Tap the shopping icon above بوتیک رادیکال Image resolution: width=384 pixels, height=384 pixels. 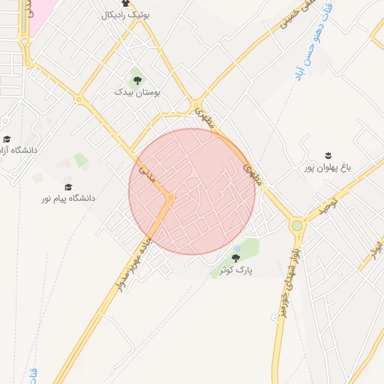click(x=125, y=4)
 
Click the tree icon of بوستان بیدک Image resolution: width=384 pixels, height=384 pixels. click(x=136, y=79)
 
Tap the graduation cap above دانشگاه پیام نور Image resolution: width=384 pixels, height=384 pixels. click(x=68, y=187)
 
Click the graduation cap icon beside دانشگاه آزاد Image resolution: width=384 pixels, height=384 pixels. click(x=7, y=139)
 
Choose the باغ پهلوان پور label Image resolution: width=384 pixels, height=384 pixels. click(x=328, y=167)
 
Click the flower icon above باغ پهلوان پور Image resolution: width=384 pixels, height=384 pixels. click(x=328, y=155)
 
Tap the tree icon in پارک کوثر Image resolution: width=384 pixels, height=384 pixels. click(x=235, y=259)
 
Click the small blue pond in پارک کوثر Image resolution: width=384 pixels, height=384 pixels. click(x=238, y=248)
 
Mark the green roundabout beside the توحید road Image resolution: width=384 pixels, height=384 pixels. click(x=297, y=224)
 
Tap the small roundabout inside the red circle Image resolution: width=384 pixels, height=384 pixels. click(x=172, y=198)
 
